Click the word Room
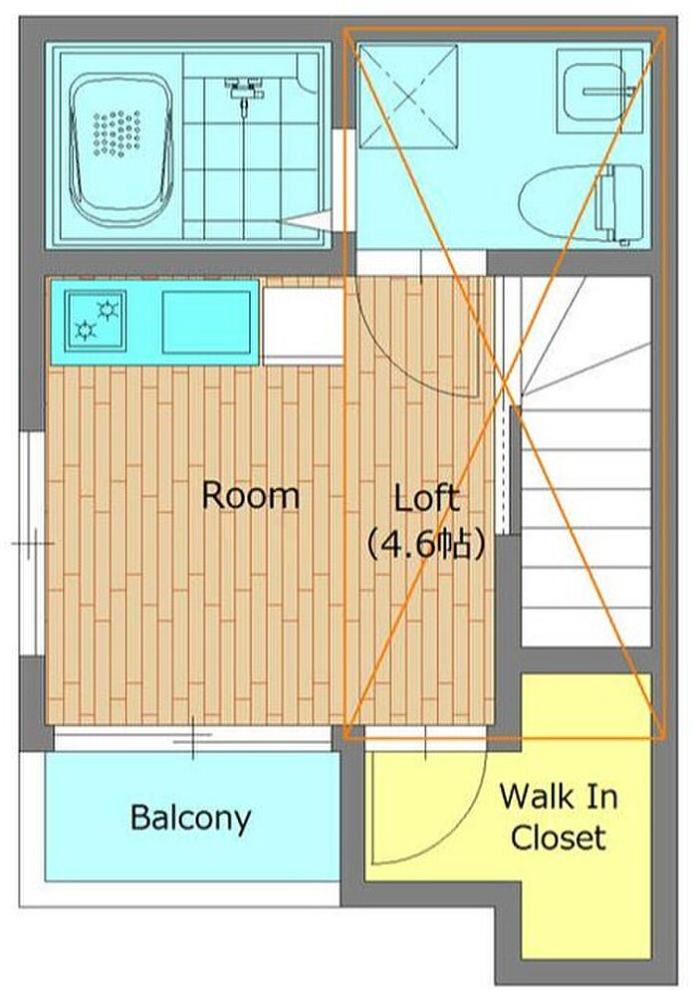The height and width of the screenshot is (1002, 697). click(x=251, y=496)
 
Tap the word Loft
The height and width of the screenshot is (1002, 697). click(x=425, y=498)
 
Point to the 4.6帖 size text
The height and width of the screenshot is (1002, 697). click(x=425, y=547)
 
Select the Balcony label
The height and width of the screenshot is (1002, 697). click(x=190, y=819)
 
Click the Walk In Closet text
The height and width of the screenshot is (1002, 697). click(x=559, y=818)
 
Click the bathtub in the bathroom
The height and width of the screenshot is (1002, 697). click(x=121, y=150)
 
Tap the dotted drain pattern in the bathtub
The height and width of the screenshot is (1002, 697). click(x=116, y=132)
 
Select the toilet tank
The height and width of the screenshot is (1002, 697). click(x=619, y=203)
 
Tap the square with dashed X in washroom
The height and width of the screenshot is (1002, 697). click(x=409, y=97)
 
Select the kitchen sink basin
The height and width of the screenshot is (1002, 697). click(x=206, y=322)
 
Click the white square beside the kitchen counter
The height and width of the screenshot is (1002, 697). click(x=303, y=326)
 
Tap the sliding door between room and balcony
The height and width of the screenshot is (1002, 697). click(x=193, y=737)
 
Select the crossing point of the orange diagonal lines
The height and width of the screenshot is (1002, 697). click(x=505, y=383)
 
